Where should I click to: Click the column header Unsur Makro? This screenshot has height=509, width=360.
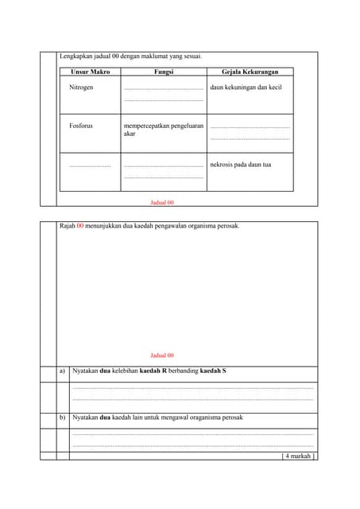point(90,72)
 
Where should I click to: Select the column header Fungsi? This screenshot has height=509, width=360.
point(164,72)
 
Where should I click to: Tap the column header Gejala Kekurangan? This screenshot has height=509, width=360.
point(250,72)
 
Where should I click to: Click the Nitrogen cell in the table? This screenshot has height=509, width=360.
point(81,87)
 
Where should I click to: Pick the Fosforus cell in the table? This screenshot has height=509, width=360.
point(81,126)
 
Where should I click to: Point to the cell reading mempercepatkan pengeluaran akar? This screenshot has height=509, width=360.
point(163,130)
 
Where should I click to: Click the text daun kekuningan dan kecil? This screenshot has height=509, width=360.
point(246,87)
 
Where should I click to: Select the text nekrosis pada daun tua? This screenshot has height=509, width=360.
point(240,165)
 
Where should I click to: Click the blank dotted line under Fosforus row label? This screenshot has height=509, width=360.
point(90,165)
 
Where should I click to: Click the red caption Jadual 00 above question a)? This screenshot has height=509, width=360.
point(161,356)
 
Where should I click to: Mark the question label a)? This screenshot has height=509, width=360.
point(63,371)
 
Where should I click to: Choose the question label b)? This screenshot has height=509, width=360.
point(63,418)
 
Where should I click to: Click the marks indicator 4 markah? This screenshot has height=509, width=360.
point(299,457)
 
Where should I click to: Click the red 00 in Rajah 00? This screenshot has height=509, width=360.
point(80,226)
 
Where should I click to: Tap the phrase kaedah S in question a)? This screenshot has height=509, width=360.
point(213,371)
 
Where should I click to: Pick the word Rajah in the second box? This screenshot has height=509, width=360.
point(68,226)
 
